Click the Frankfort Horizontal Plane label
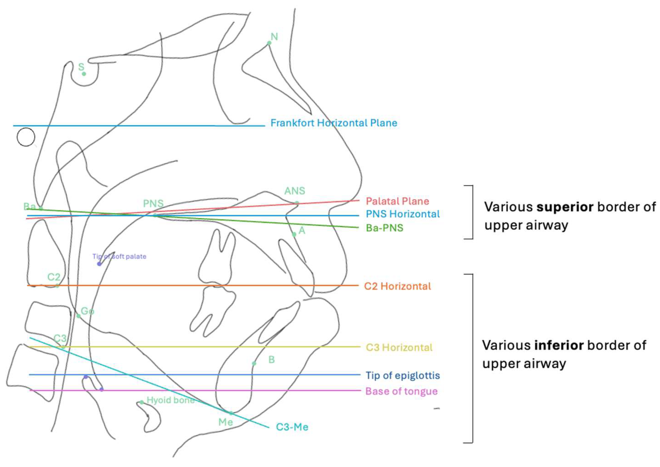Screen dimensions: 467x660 point(334,123)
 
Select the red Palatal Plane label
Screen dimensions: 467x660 point(397,201)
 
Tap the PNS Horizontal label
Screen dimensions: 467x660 point(402,214)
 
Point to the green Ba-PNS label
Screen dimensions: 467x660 point(384,228)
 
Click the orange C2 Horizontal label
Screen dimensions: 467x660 point(397,286)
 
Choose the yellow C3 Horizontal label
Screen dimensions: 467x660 point(399,347)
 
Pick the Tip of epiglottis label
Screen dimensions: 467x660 point(402,375)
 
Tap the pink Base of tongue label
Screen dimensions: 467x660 point(401,391)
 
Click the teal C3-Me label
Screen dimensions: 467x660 point(292,427)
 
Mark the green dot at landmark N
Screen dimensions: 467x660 point(269,43)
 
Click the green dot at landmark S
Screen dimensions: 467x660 point(84,74)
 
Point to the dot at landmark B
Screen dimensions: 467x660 point(254,363)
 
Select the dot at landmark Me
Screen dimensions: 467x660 point(231,413)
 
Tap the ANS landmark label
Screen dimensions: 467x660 point(294,191)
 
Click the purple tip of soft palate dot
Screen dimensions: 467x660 point(99,264)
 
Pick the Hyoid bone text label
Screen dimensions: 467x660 point(171,400)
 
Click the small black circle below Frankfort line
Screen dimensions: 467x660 point(26,137)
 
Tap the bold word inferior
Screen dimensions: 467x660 point(559,345)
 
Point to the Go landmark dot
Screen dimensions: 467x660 point(79,316)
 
